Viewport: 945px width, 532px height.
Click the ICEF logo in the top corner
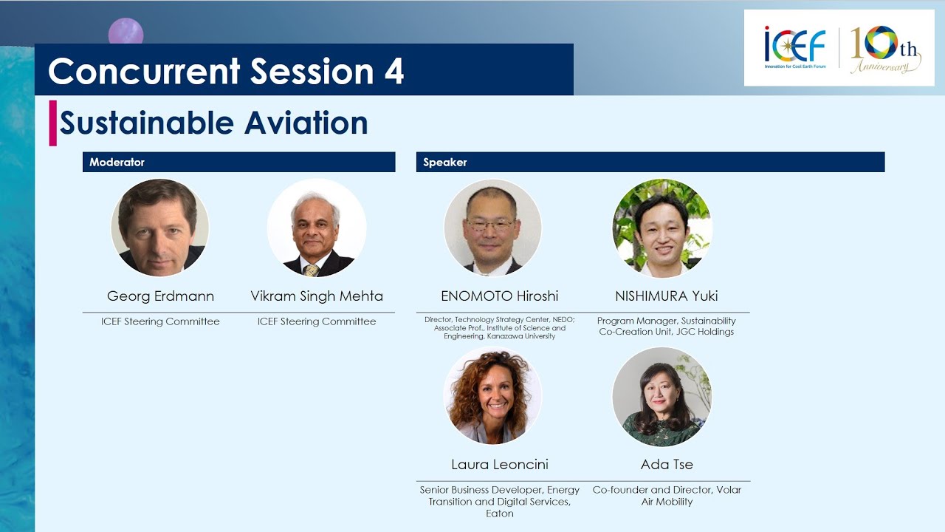point(795,47)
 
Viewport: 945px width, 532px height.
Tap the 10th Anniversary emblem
point(885,50)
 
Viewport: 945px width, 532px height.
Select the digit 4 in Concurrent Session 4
point(394,72)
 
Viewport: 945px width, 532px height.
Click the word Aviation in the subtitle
point(306,123)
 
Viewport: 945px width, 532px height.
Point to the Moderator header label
point(117,162)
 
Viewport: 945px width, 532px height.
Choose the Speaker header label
point(444,162)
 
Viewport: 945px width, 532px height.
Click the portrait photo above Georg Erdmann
point(159,228)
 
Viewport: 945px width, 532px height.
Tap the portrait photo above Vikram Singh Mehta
point(317,228)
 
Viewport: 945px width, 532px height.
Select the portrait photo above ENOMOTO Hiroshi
point(492,228)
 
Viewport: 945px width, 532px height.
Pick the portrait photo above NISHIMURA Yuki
point(662,228)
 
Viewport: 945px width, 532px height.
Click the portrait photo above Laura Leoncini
point(492,395)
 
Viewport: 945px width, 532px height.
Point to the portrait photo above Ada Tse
point(662,397)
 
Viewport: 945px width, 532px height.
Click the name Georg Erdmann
point(160,296)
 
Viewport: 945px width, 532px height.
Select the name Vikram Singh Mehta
point(317,296)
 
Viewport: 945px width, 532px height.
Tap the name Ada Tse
point(667,465)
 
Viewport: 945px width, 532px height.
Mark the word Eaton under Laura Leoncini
point(500,514)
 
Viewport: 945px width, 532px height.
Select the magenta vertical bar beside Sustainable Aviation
point(52,123)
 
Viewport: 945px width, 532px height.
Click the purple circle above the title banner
point(126,31)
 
